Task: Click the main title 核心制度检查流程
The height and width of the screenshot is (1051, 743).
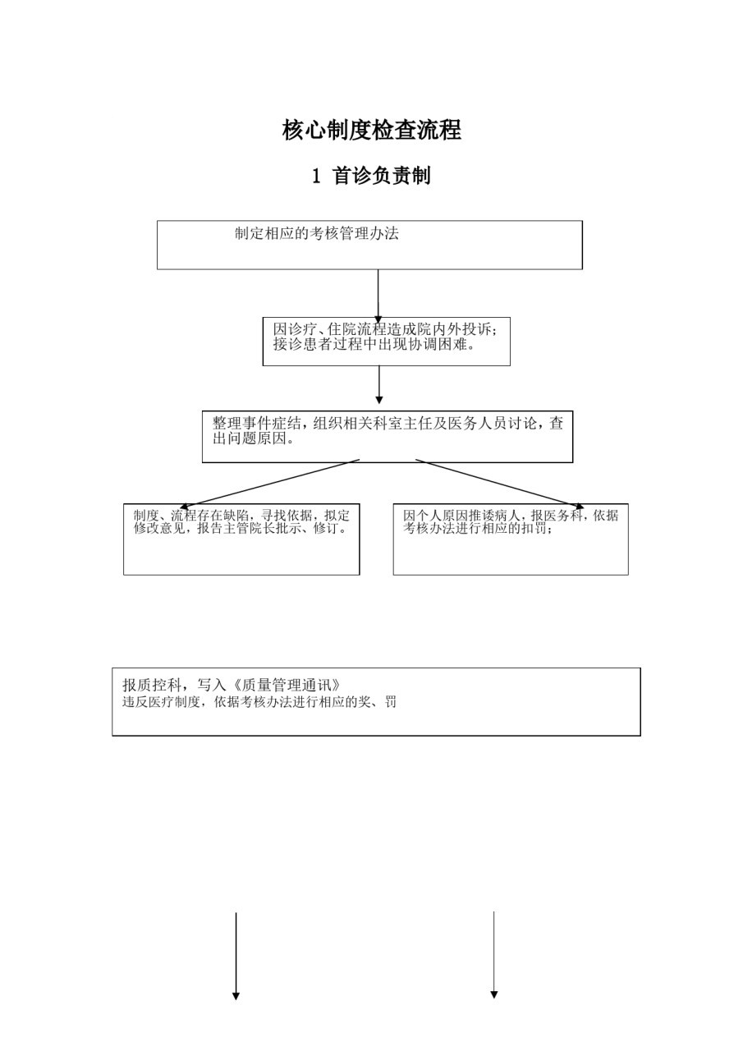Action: (x=371, y=130)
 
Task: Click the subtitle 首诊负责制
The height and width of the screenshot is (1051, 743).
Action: (x=381, y=176)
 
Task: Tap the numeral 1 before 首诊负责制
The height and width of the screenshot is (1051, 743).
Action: (x=317, y=176)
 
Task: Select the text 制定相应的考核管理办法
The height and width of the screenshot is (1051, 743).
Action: (x=317, y=233)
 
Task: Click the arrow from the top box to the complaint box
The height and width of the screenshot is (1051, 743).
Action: (x=378, y=296)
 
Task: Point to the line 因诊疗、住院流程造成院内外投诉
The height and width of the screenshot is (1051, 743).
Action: (x=384, y=329)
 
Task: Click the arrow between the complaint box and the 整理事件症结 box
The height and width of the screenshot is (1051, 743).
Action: (x=379, y=385)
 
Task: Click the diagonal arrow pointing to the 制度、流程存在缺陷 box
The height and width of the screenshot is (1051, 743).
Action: (x=270, y=484)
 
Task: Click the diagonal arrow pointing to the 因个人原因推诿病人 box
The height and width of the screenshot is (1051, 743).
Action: (x=499, y=484)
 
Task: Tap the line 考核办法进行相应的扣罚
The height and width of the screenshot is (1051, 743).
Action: (x=478, y=528)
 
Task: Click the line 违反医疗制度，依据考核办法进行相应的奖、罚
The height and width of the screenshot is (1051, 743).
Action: (x=259, y=702)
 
